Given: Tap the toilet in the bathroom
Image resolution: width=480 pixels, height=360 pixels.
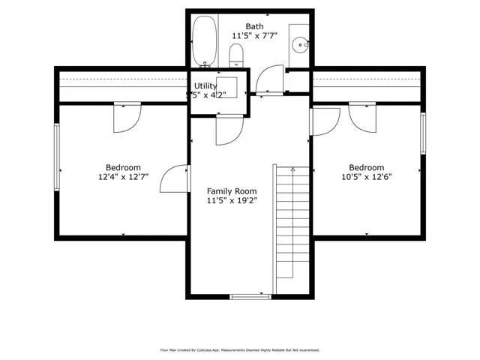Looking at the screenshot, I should [x=237, y=55].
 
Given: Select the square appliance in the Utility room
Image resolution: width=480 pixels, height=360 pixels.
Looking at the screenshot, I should [x=227, y=85].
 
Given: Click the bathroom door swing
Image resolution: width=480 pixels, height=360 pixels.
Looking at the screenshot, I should [x=268, y=79].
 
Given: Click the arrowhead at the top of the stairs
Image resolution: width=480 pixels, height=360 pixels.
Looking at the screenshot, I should [x=293, y=169].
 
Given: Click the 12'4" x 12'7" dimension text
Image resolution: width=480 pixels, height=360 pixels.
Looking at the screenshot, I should [x=123, y=178].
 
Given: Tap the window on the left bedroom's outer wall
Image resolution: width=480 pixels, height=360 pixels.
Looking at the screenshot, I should [x=56, y=158].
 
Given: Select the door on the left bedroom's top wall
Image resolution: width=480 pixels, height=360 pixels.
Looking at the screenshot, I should [x=127, y=116].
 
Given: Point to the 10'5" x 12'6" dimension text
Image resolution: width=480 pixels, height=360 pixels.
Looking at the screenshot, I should [x=366, y=178].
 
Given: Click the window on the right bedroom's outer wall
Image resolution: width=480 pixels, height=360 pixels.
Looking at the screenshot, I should [x=423, y=143].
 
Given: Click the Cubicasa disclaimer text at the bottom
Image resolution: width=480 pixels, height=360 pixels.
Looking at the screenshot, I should [x=240, y=349].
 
